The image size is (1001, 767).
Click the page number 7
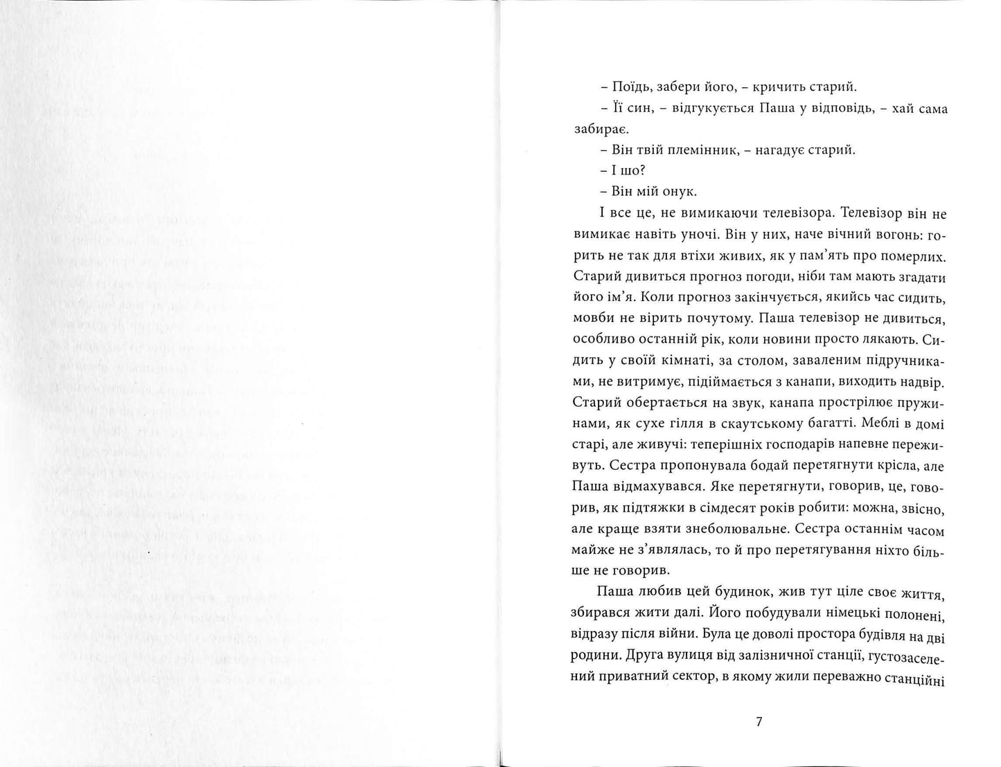pos(759,721)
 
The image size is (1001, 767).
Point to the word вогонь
pos(885,235)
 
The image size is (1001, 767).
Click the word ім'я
pos(611,298)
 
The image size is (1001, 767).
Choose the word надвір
pos(920,382)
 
